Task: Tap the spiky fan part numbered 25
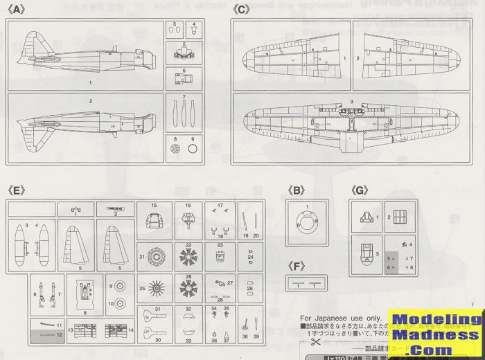pos(154,287)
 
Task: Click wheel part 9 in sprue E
pos(120,284)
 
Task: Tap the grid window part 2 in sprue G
pos(399,219)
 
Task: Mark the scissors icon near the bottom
pos(314,342)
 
